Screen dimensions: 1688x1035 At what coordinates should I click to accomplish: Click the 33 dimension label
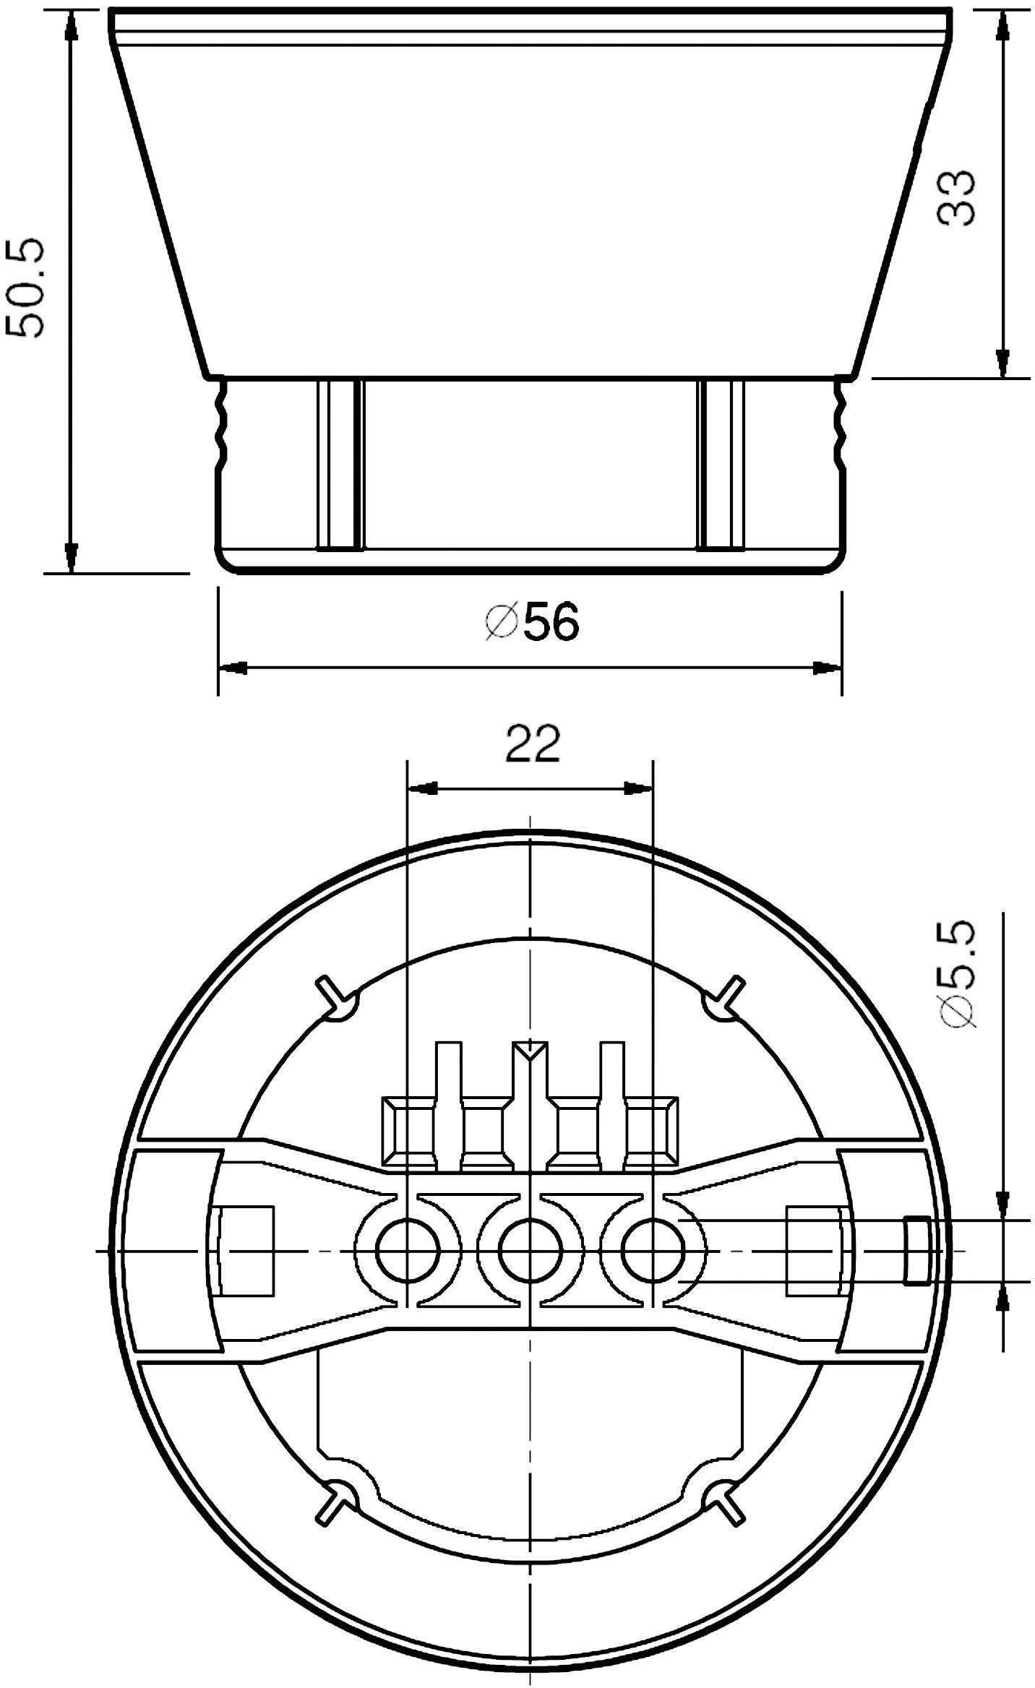pos(956,197)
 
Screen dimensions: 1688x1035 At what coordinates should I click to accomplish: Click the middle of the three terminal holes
pos(531,1250)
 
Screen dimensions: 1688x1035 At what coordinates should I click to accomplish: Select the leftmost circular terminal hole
pos(408,1250)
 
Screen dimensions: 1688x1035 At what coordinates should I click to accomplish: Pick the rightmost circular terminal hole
pos(653,1250)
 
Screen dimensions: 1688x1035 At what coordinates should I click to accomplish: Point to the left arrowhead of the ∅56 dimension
pos(233,668)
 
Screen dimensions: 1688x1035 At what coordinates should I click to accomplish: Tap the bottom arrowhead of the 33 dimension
pos(1002,362)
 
